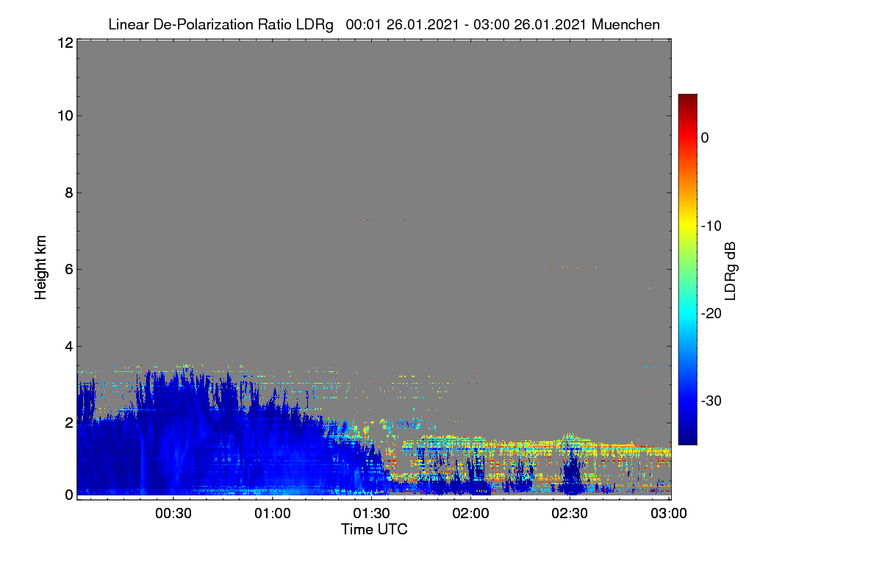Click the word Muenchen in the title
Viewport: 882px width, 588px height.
pos(625,25)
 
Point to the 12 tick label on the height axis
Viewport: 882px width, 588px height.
pos(65,43)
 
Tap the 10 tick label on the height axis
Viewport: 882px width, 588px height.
pos(65,116)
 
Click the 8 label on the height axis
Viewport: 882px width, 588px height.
pos(69,193)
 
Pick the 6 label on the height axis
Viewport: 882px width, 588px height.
pos(69,270)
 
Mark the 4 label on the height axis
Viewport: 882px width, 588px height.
pos(69,347)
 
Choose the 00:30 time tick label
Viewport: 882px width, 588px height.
pos(173,514)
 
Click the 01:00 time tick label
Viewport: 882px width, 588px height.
pos(273,514)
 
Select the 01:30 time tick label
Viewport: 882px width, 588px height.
pos(371,514)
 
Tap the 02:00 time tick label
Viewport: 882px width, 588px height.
pos(470,514)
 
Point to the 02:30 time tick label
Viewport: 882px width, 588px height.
pos(570,514)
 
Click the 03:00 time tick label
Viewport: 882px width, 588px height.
pos(669,514)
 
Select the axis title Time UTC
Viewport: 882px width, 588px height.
pos(374,530)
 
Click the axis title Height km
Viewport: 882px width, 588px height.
pos(40,268)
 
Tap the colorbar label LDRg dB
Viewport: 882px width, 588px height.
pos(730,271)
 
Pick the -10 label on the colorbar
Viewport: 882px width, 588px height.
pos(711,226)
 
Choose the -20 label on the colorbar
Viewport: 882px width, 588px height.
pos(711,314)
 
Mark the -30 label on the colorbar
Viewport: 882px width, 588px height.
pos(711,401)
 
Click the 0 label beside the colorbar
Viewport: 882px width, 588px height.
pos(705,138)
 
